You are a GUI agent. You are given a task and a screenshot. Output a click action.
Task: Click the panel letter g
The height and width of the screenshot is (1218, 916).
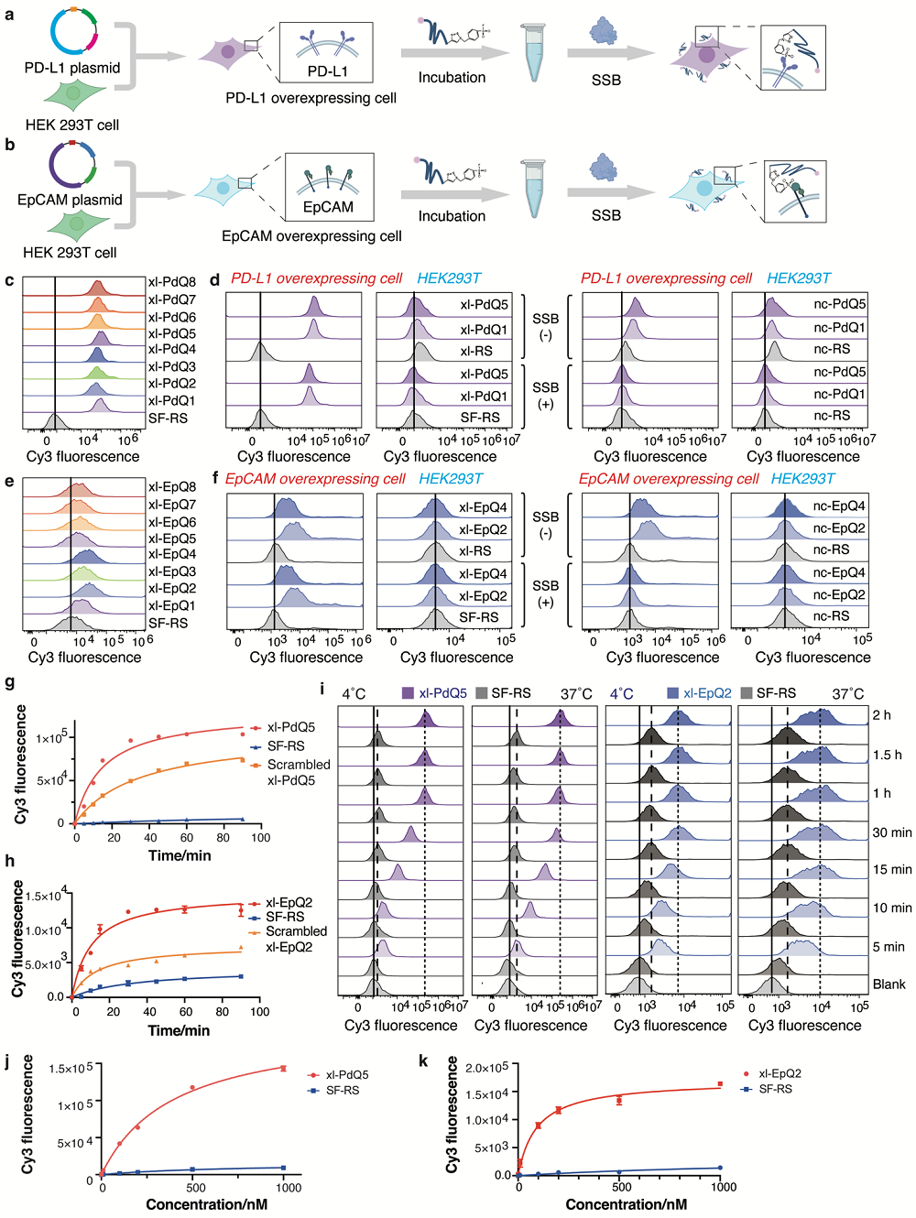[9, 683]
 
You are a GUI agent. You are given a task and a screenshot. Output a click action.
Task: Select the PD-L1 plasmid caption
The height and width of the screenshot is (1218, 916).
[72, 68]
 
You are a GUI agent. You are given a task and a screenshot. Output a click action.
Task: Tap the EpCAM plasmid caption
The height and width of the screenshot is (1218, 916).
[70, 200]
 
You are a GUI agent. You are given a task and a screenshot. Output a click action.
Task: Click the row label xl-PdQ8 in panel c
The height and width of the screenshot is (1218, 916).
[172, 282]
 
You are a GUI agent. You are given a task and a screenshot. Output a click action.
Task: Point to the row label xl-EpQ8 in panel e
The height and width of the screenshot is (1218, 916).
[172, 487]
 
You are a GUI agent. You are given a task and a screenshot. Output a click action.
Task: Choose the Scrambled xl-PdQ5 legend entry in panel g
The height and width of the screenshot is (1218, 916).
[298, 772]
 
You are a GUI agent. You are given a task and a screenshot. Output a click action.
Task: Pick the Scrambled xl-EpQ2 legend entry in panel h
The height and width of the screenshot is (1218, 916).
[295, 939]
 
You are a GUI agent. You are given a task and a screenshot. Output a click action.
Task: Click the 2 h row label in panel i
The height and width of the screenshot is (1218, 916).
[881, 715]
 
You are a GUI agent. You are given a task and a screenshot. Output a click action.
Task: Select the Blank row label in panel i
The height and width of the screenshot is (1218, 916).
[889, 984]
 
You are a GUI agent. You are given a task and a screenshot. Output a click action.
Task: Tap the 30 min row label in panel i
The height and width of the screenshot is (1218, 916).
[891, 832]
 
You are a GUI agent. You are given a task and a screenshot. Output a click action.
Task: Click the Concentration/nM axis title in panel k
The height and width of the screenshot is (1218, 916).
[626, 1204]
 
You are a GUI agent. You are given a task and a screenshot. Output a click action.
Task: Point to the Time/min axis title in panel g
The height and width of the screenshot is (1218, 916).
[180, 855]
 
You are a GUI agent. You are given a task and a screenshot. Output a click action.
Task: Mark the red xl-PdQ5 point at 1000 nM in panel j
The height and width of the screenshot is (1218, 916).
[283, 1068]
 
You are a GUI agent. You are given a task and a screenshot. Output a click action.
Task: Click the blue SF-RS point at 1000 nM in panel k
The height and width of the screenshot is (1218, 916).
[720, 1168]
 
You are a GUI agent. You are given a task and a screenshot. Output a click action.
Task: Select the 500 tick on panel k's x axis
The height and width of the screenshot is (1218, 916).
[621, 1187]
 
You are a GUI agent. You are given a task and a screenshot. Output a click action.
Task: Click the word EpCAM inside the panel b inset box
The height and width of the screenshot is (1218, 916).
[328, 207]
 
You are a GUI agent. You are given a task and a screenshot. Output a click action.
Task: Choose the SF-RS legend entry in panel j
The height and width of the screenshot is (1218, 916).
[343, 1091]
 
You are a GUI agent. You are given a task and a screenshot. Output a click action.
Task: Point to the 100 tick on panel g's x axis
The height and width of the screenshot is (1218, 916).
[260, 837]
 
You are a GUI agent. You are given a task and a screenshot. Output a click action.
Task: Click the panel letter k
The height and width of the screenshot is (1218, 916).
[423, 1060]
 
